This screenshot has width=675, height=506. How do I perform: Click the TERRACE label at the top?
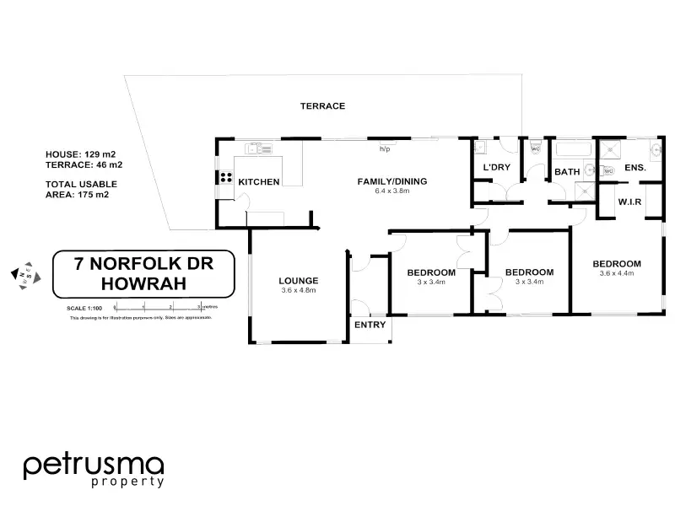click(323, 106)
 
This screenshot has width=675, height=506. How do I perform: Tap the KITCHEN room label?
click(258, 182)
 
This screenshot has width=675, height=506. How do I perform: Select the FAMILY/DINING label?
click(392, 181)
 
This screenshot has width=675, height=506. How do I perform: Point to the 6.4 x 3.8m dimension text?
click(391, 191)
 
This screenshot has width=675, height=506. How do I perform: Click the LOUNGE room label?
click(299, 281)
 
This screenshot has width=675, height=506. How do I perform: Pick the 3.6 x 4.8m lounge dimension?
click(299, 291)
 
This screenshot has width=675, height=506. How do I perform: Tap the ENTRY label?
click(370, 325)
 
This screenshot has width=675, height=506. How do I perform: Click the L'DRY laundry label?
click(496, 168)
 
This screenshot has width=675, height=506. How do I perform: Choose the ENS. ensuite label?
click(634, 168)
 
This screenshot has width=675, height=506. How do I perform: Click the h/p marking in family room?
click(385, 149)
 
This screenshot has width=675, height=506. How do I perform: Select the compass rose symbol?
click(23, 274)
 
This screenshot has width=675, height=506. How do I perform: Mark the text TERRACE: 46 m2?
click(80, 165)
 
